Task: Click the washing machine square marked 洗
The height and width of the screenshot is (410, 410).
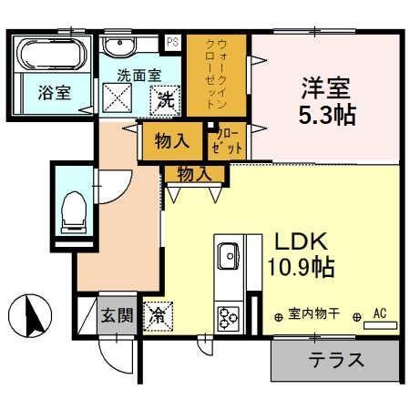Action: click(x=167, y=99)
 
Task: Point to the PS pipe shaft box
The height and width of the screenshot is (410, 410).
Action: click(x=172, y=41)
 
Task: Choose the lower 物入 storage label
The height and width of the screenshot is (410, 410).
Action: click(x=194, y=172)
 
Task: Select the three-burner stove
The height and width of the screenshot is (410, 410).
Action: click(x=227, y=318)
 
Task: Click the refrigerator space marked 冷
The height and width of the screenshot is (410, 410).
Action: click(x=157, y=316)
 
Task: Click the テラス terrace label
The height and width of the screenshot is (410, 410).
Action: click(x=336, y=359)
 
